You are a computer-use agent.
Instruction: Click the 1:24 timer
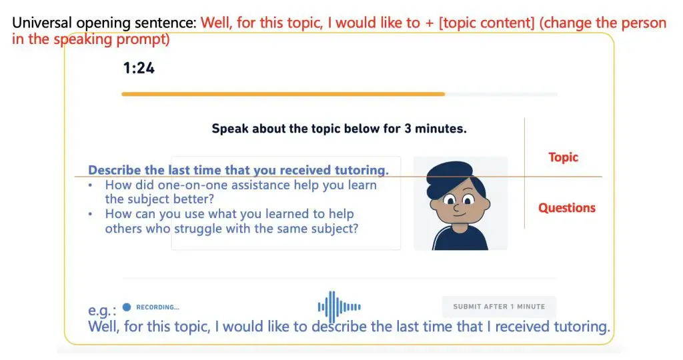point(139,67)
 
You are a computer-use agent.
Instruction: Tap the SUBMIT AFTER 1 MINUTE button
point(499,307)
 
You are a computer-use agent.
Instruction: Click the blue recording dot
point(127,307)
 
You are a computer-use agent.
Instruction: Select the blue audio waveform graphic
point(339,307)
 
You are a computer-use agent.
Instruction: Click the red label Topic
point(563,157)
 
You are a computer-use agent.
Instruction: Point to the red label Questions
point(566,208)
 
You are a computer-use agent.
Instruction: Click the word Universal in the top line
point(42,23)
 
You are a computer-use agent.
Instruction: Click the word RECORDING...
point(157,307)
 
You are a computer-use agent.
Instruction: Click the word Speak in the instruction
point(229,129)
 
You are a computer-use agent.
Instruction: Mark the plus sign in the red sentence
point(431,23)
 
